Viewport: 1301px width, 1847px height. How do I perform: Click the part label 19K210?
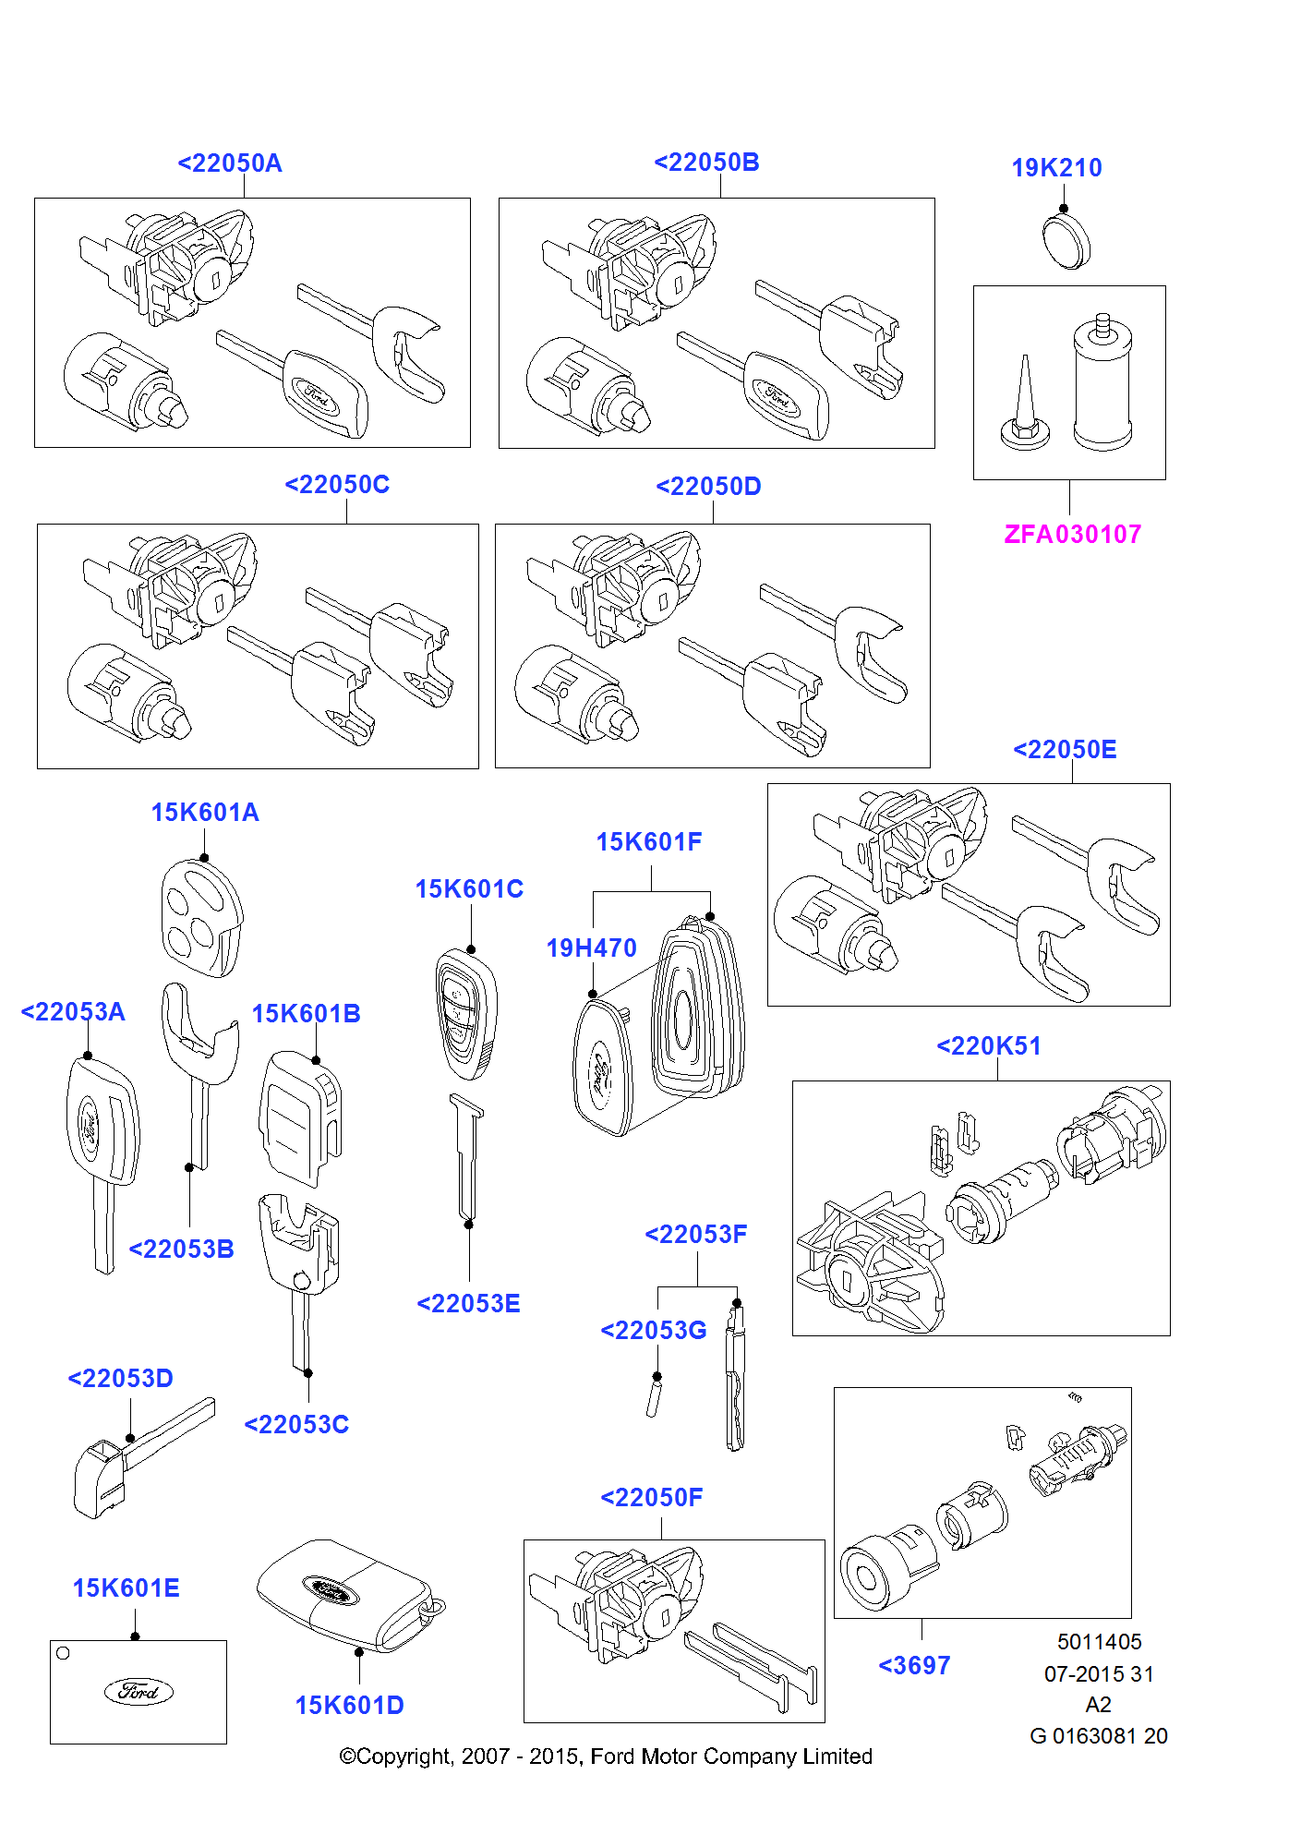(x=1056, y=167)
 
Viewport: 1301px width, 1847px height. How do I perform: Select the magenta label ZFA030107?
(x=1072, y=534)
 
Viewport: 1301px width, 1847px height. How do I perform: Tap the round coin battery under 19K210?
(x=1066, y=242)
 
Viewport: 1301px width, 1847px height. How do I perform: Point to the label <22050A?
(x=230, y=163)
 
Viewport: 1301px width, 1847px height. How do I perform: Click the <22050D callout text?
(x=708, y=486)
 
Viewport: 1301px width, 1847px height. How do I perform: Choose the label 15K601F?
(x=649, y=841)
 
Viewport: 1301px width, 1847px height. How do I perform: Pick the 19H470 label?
(x=591, y=948)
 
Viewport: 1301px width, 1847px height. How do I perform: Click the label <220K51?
(x=989, y=1045)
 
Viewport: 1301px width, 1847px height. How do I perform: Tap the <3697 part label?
(x=914, y=1665)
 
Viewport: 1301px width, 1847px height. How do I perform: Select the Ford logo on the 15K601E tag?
(x=139, y=1691)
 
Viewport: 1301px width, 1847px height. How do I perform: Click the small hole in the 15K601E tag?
(x=63, y=1653)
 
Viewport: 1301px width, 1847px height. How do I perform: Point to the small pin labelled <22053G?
(x=654, y=1395)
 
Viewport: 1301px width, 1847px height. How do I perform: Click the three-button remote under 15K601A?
(x=201, y=918)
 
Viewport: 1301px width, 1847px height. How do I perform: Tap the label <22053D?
(x=120, y=1378)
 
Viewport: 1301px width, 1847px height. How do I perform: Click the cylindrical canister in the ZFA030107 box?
(x=1102, y=382)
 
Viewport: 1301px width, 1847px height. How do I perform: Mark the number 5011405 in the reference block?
(x=1099, y=1641)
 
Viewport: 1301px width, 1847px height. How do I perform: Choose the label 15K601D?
(x=349, y=1705)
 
